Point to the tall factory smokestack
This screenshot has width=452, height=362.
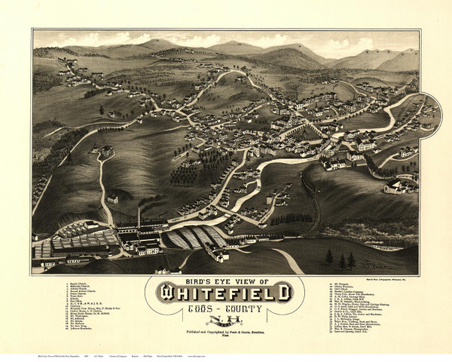click(138, 219)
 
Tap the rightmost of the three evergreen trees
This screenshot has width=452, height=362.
click(351, 261)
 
